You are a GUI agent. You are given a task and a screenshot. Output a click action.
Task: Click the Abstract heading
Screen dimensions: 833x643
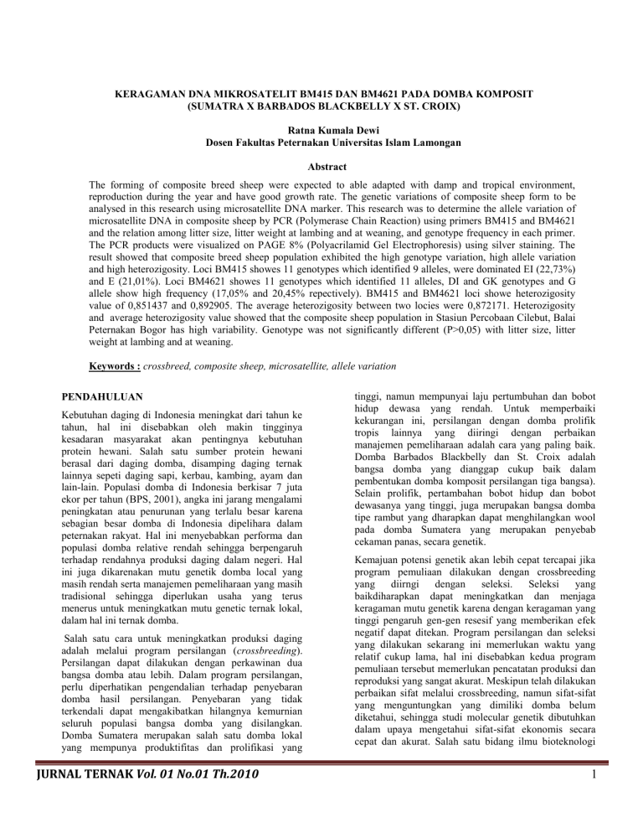point(321,168)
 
